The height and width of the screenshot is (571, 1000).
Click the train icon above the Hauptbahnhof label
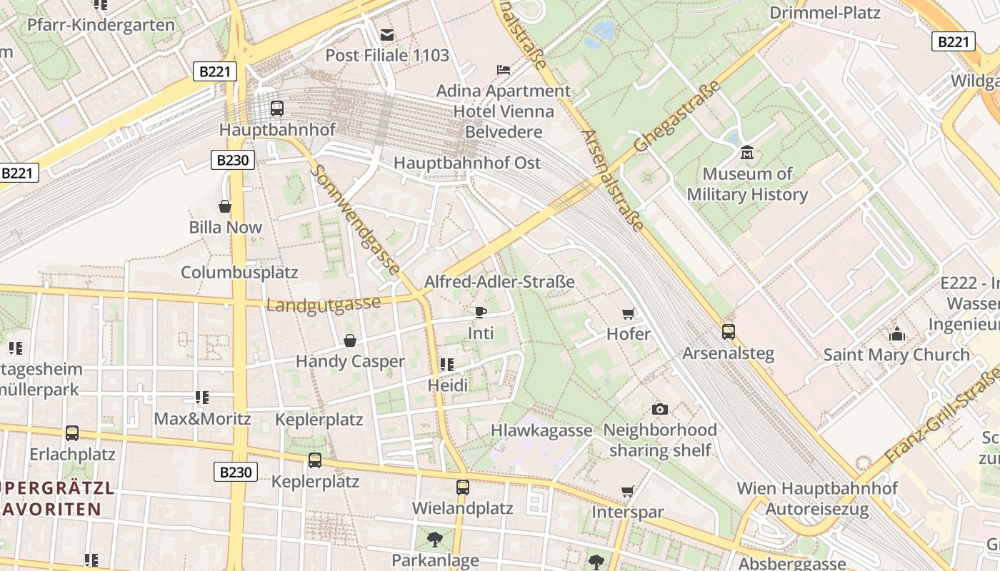pyautogui.click(x=276, y=108)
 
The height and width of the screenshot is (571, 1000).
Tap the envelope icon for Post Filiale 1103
pyautogui.click(x=387, y=34)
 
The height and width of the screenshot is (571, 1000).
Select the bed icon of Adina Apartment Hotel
pyautogui.click(x=504, y=70)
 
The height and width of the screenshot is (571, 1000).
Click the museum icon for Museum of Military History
pyautogui.click(x=747, y=152)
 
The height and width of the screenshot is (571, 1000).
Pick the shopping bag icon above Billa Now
pyautogui.click(x=225, y=206)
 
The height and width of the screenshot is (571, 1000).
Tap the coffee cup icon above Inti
pyautogui.click(x=481, y=312)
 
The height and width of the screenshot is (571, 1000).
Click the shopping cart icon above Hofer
pyautogui.click(x=629, y=313)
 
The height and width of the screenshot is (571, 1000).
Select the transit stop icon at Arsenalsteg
pyautogui.click(x=728, y=332)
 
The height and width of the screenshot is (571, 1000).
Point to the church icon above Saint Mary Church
pyautogui.click(x=896, y=333)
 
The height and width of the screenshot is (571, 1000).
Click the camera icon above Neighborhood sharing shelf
pyautogui.click(x=660, y=409)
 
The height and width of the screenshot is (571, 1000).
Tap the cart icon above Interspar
pyautogui.click(x=628, y=491)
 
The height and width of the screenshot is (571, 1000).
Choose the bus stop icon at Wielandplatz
pyautogui.click(x=463, y=487)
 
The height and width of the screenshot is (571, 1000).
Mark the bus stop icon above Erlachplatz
pyautogui.click(x=72, y=433)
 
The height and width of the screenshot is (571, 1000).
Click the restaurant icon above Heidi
pyautogui.click(x=447, y=365)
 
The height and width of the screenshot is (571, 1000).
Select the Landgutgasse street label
pyautogui.click(x=323, y=304)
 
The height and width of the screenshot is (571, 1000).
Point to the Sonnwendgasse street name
pyautogui.click(x=355, y=221)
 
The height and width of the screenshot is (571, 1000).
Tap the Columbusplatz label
pyautogui.click(x=239, y=273)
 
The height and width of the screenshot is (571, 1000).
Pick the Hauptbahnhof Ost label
pyautogui.click(x=467, y=163)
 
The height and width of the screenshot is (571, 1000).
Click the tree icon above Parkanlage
pyautogui.click(x=434, y=539)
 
